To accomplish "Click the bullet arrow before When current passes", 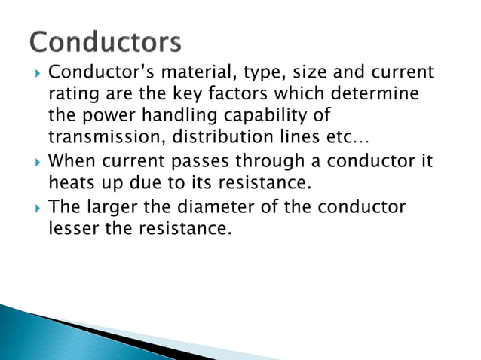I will point(36,162).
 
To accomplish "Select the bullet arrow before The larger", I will point(36,206).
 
